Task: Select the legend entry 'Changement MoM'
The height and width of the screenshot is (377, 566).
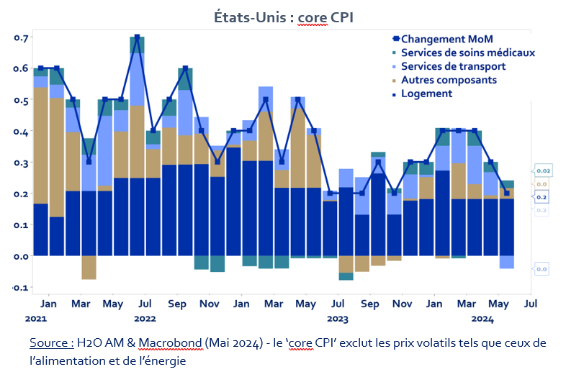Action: pyautogui.click(x=446, y=39)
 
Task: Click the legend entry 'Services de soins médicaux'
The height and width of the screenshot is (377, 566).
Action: pyautogui.click(x=467, y=53)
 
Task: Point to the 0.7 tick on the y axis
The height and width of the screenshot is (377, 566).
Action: pyautogui.click(x=20, y=37)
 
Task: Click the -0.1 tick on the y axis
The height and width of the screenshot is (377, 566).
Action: pyautogui.click(x=19, y=288)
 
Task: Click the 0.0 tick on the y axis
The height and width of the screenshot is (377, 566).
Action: pyautogui.click(x=20, y=256)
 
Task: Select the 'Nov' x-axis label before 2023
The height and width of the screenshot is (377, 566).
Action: pyautogui.click(x=209, y=304)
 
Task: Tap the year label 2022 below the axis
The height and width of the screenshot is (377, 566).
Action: pyautogui.click(x=145, y=317)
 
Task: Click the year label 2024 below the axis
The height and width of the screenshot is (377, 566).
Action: pyautogui.click(x=482, y=317)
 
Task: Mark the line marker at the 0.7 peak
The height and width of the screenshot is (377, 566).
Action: pyautogui.click(x=137, y=37)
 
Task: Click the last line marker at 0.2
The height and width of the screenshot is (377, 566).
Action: pyautogui.click(x=507, y=193)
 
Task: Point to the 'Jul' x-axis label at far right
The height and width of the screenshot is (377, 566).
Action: pyautogui.click(x=531, y=304)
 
